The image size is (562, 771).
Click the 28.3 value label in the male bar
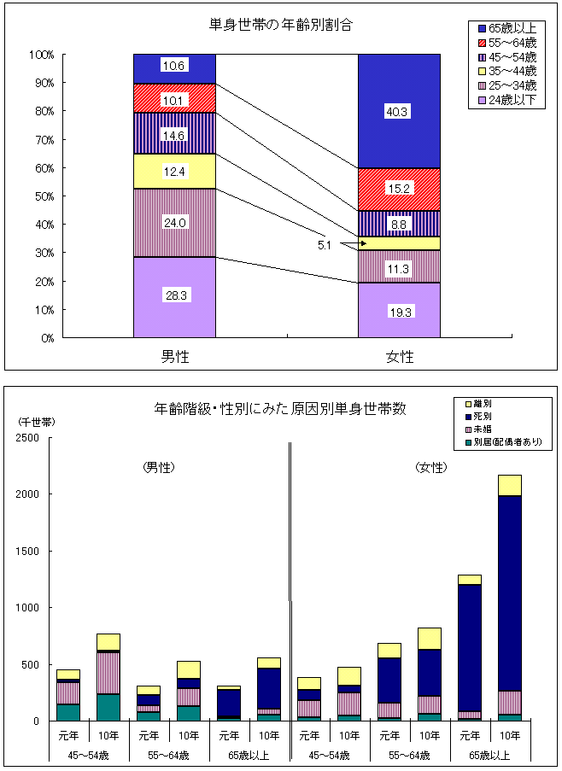[x=174, y=295]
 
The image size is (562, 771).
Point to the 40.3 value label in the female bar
[x=399, y=111]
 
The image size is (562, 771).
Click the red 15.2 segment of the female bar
[x=399, y=189]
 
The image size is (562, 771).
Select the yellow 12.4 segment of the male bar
[x=174, y=172]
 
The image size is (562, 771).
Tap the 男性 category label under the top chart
[x=174, y=357]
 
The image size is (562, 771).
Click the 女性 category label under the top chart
[x=399, y=357]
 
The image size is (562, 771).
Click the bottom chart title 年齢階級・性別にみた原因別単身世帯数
[x=280, y=409]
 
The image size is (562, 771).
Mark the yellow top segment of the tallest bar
[x=510, y=485]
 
